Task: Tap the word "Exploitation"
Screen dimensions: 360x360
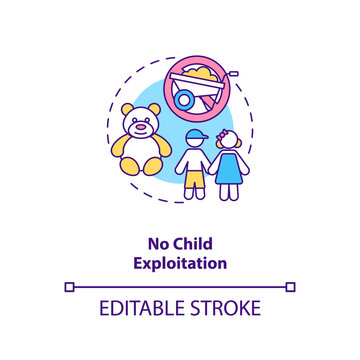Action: point(180,264)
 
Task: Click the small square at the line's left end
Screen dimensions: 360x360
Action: point(69,286)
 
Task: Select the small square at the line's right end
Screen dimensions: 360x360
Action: point(290,286)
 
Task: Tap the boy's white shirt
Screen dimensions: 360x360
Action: point(195,165)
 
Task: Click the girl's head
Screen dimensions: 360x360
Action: point(230,145)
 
